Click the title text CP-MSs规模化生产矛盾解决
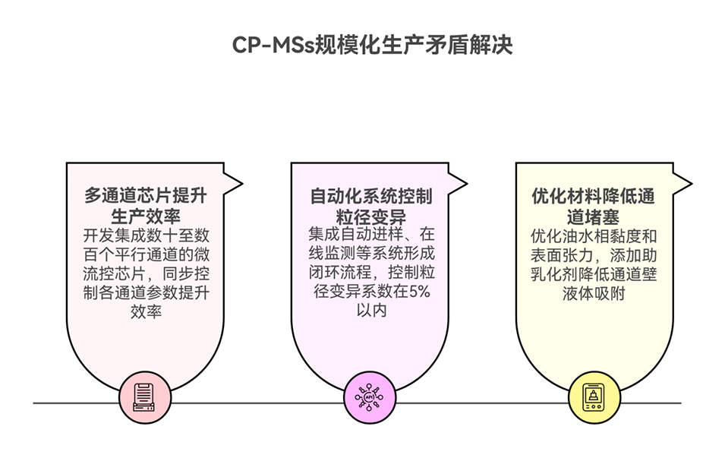point(372,45)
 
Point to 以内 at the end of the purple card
point(370,310)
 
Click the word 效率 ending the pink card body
point(145,311)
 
